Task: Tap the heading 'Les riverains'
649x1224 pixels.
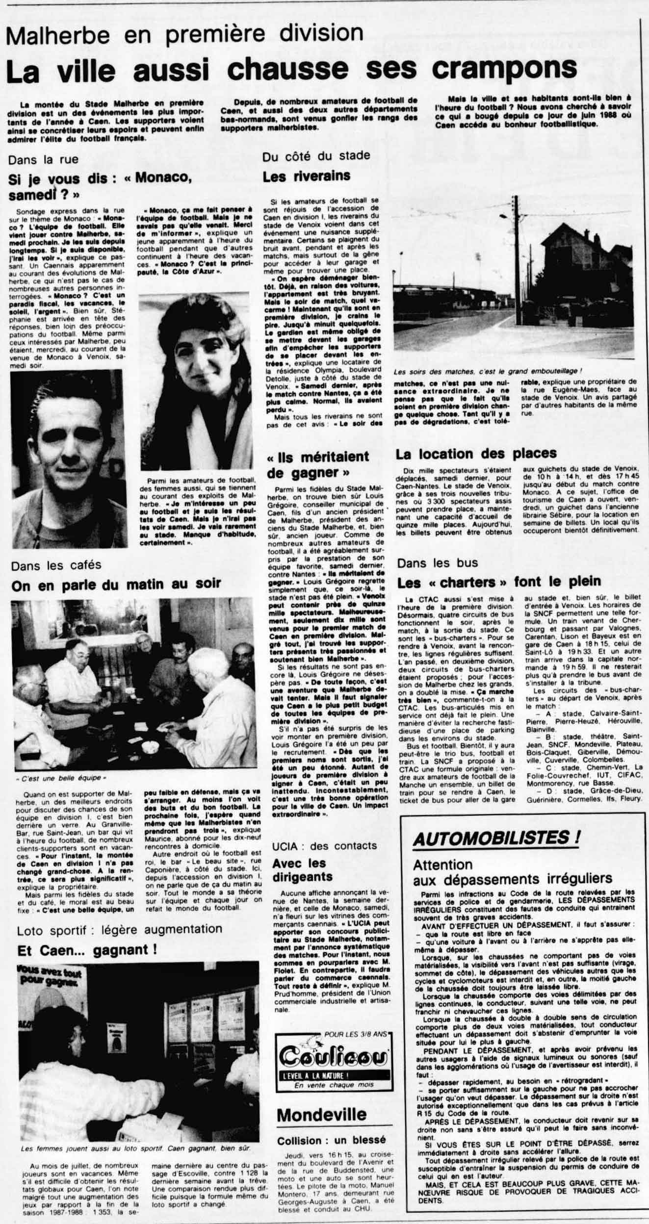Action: (x=307, y=176)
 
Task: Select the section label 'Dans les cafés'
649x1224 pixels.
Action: (x=56, y=565)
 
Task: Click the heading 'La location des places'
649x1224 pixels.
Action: (x=476, y=454)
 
